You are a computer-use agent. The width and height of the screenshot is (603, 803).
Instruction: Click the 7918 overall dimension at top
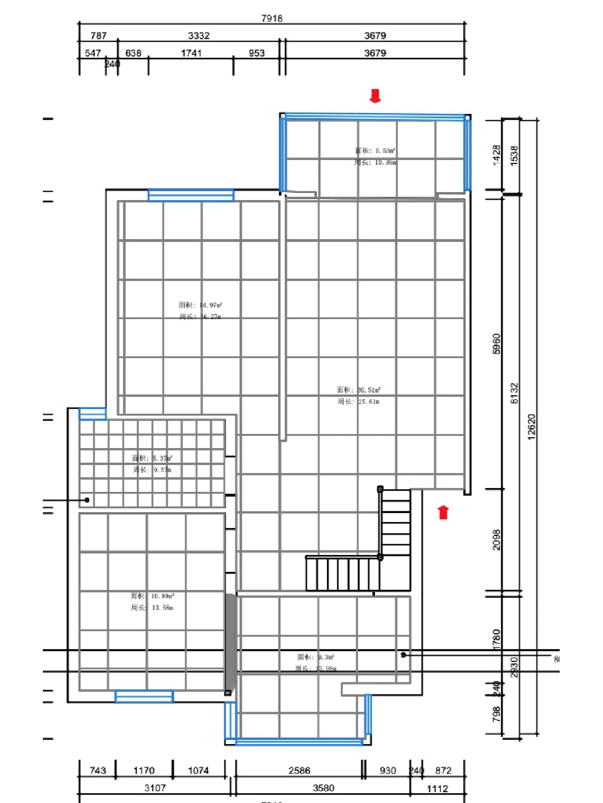tap(272, 18)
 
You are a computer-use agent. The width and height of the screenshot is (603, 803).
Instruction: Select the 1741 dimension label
tap(191, 53)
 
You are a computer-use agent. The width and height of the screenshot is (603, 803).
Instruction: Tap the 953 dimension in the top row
tap(257, 53)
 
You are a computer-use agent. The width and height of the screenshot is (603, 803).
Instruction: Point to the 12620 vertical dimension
tap(531, 427)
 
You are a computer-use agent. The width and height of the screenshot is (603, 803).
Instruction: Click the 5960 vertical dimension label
tap(497, 344)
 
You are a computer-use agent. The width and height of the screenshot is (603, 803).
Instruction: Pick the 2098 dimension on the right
tap(497, 540)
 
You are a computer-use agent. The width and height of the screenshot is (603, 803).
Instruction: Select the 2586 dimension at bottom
tap(299, 771)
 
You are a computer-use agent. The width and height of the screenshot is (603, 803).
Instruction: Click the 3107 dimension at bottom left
tap(155, 788)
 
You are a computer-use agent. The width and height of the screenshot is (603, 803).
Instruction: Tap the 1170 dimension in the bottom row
tap(144, 771)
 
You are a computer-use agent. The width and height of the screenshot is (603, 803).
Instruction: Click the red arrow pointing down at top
tap(375, 96)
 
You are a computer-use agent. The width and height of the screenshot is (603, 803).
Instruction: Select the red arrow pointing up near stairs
tap(443, 512)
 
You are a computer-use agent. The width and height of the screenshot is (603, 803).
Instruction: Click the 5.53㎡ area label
tap(375, 151)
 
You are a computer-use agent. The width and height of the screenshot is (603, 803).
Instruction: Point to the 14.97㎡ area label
tap(200, 305)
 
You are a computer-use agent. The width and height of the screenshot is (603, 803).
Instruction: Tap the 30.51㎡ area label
tap(359, 390)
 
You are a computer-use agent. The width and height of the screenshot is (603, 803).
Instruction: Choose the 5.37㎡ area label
tap(152, 458)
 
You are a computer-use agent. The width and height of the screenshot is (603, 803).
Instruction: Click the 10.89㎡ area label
tap(152, 596)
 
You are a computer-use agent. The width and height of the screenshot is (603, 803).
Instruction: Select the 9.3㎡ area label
tap(316, 657)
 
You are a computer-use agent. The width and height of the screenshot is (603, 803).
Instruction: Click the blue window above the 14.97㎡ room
tap(191, 195)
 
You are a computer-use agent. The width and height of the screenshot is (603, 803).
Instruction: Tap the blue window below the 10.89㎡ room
tap(144, 697)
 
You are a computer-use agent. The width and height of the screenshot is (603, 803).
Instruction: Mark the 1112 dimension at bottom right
tap(437, 788)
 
